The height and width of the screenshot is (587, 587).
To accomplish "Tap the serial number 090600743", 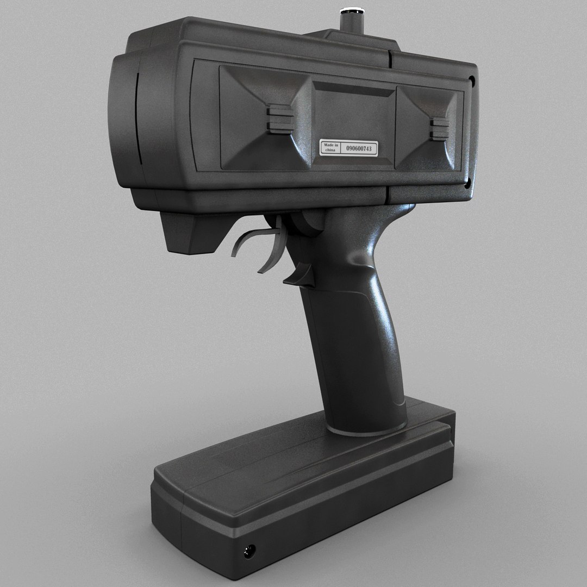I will coord(358,148).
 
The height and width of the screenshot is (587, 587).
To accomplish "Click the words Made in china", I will coord(330,147).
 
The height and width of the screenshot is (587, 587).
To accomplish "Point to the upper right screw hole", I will coord(471,82).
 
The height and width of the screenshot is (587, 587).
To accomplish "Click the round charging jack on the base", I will coord(249,551).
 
